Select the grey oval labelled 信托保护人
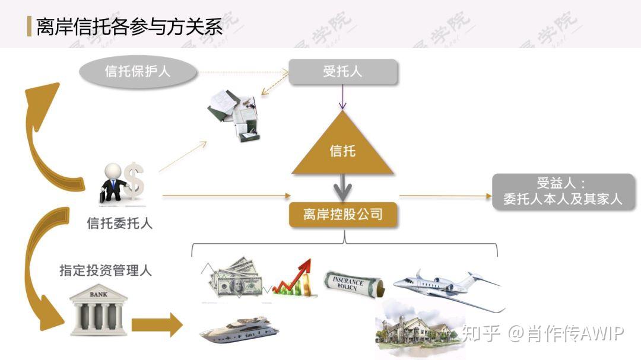(x=138, y=72)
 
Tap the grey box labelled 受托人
(x=342, y=72)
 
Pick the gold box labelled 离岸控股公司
(x=342, y=215)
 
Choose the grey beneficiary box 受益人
(x=563, y=192)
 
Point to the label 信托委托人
(x=119, y=224)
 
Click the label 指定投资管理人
(x=106, y=270)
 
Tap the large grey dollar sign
(x=135, y=180)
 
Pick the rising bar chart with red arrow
(x=294, y=278)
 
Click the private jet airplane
(x=448, y=288)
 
